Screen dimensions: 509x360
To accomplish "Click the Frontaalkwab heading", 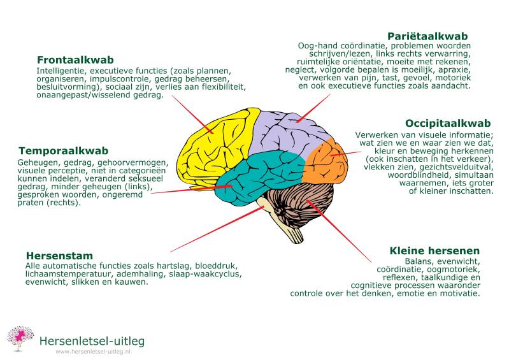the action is coord(75,60).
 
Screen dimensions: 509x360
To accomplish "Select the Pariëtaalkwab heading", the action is coord(427,36).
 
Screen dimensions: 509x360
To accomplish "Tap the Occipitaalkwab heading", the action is coord(448,124).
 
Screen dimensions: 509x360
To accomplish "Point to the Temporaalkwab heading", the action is coord(63,151).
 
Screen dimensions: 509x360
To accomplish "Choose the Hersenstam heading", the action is coord(59,256).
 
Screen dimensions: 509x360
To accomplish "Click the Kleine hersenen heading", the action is coord(434,251).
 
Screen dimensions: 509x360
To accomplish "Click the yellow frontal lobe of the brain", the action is coord(214,146).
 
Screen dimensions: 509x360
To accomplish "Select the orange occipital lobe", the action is coord(325,161).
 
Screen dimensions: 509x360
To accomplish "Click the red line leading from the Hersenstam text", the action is coord(217,229).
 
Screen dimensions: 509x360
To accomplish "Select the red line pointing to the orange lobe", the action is coord(345,154).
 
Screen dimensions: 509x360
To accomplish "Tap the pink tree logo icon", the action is coord(20,338).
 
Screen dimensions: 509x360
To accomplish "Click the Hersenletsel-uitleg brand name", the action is coord(92,341).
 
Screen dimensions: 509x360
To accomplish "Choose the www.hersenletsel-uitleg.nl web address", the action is coord(93,351).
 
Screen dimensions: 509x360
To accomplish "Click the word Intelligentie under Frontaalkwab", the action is coord(61,71).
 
